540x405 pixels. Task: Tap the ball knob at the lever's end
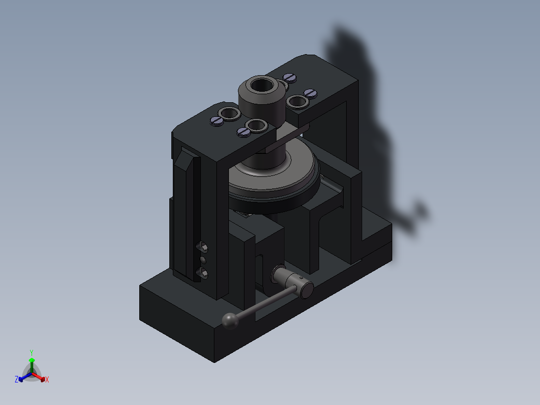(230, 321)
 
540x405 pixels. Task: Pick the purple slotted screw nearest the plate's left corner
(216, 120)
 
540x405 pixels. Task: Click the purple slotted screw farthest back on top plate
(290, 77)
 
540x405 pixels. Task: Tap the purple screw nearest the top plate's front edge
(243, 132)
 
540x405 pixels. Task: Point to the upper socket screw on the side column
(202, 247)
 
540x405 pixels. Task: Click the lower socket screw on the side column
(202, 273)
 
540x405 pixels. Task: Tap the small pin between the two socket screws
(203, 260)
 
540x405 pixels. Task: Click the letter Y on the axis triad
(31, 352)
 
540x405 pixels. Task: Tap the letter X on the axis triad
(47, 379)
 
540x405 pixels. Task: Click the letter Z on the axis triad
(17, 379)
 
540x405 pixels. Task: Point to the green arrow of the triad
(32, 361)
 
